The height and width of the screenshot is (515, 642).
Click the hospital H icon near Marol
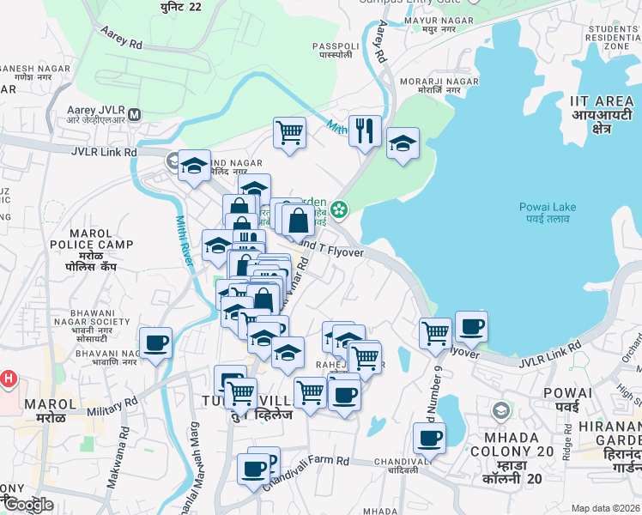pyautogui.click(x=9, y=378)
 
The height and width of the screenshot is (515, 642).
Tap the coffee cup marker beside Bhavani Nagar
pyautogui.click(x=155, y=343)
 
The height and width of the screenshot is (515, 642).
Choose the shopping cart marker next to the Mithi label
pyautogui.click(x=290, y=132)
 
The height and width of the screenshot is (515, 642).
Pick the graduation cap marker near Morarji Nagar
pyautogui.click(x=403, y=144)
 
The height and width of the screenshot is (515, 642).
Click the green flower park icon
pyautogui.click(x=340, y=209)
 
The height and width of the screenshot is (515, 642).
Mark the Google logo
pyautogui.click(x=27, y=505)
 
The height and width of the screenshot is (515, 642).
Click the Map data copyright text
pyautogui.click(x=606, y=508)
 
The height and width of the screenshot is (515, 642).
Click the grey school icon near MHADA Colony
pyautogui.click(x=500, y=411)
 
